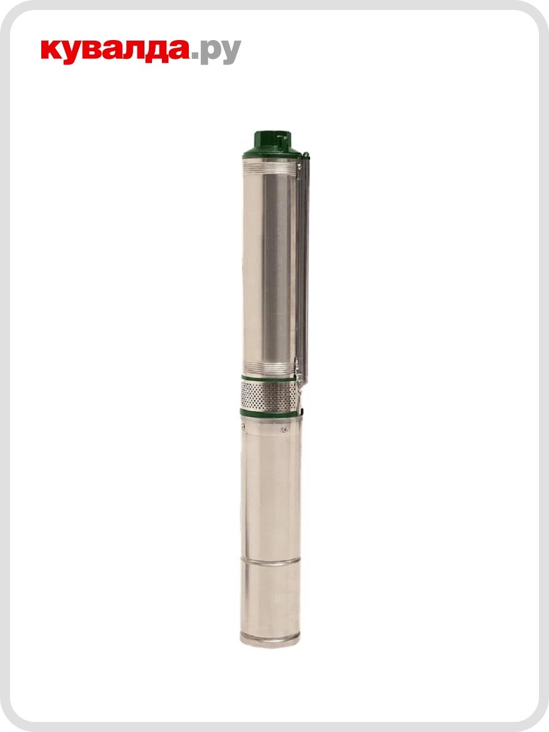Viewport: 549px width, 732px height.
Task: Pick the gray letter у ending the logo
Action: click(x=229, y=54)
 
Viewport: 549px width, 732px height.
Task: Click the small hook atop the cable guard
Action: click(x=305, y=154)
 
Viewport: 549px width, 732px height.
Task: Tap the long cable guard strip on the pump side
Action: click(x=303, y=269)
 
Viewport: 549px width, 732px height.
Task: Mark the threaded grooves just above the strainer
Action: click(x=266, y=367)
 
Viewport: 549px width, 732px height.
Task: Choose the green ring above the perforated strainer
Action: click(x=266, y=379)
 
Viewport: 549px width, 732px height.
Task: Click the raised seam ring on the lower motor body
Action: click(x=270, y=562)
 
